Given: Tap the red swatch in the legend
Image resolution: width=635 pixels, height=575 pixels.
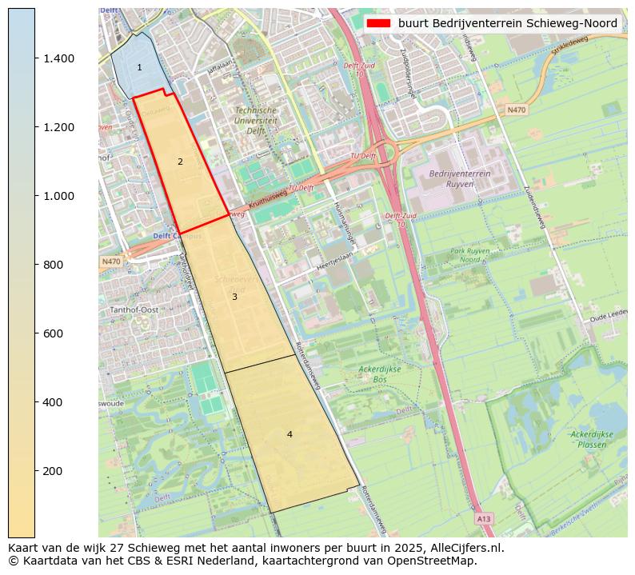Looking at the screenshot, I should (378, 23).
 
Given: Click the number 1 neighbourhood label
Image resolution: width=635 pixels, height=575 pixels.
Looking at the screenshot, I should (139, 68).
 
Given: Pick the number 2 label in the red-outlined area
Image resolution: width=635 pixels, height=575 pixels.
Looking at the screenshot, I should (180, 162).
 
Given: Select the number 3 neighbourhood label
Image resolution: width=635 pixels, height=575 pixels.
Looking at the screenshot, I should (234, 297).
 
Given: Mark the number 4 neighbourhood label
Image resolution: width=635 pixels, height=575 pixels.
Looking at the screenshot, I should (290, 434).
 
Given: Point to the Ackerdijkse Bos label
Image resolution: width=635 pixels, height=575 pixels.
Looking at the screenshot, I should (378, 373).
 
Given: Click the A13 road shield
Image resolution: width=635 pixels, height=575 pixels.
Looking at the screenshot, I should (484, 519).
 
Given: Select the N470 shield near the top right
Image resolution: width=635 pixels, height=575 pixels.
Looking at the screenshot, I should (517, 110).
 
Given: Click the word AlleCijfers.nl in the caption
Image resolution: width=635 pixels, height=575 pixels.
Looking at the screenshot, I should (464, 549).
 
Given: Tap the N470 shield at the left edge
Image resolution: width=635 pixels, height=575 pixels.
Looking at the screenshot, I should (110, 262).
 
